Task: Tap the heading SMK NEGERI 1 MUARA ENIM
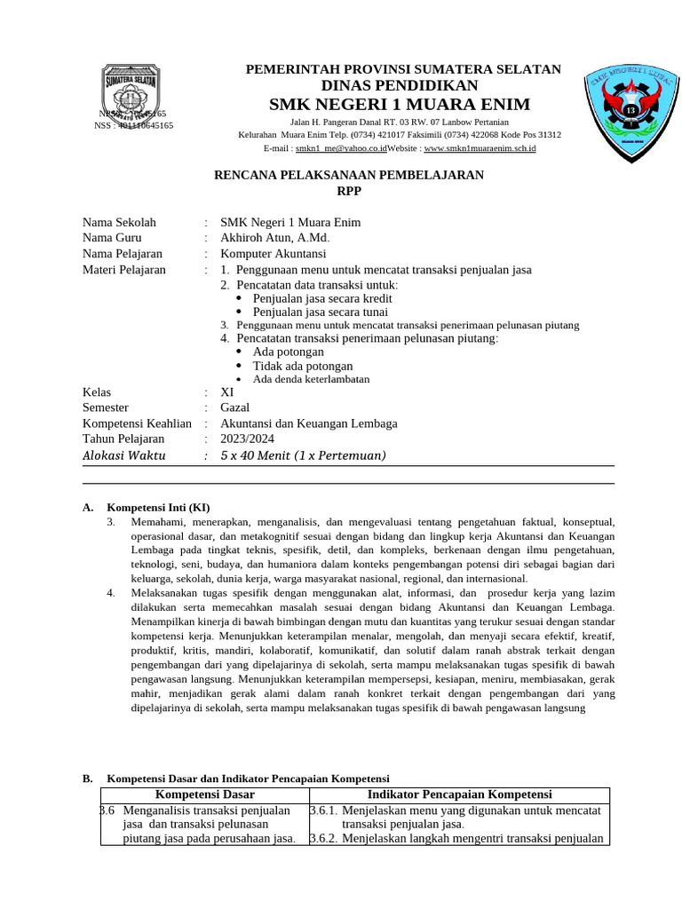tap(400, 105)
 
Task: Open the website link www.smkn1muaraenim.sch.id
tap(480, 149)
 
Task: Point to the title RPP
tap(349, 191)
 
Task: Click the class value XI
tap(227, 392)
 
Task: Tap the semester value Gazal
tap(235, 408)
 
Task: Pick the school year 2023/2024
tap(248, 439)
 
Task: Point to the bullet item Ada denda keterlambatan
tap(311, 379)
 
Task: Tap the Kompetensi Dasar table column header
tap(205, 794)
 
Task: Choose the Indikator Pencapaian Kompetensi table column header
tap(459, 794)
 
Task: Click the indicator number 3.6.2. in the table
tap(323, 839)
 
